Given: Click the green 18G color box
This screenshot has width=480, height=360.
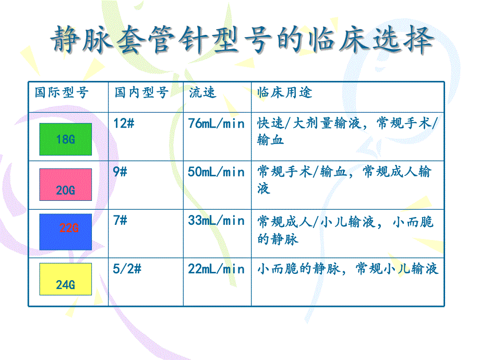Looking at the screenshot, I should tap(65, 139).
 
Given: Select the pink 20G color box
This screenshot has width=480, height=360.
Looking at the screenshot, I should tap(65, 184).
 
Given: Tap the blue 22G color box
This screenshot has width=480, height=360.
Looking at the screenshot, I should tap(65, 231).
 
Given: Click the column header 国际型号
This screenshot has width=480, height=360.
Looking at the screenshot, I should tap(62, 93).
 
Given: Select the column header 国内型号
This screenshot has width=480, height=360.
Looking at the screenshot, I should tap(141, 93).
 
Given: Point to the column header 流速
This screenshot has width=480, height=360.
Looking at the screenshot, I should tap(202, 93).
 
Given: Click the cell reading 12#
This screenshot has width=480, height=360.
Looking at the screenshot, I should tap(124, 124).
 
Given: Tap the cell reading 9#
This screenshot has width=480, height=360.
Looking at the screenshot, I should tap(120, 172).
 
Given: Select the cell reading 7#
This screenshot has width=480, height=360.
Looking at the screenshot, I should tap(120, 220).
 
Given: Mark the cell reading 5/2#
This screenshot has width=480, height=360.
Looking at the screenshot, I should tap(127, 269).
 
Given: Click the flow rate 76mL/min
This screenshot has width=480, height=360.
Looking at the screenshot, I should tap(216, 124).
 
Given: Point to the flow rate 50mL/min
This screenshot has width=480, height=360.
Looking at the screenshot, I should tap(216, 172).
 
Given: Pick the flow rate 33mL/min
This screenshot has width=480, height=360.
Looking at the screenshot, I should tap(216, 220).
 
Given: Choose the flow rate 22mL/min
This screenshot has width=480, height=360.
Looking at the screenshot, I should tap(216, 269).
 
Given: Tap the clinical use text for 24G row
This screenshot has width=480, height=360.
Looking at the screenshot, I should tap(347, 269).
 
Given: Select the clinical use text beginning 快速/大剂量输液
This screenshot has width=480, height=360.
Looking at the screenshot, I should tap(347, 131).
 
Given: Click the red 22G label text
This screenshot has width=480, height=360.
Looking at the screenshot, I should tap(69, 228).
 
